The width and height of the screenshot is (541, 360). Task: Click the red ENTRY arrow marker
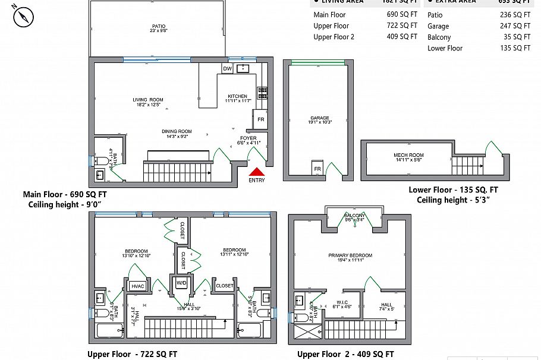pyautogui.click(x=257, y=172)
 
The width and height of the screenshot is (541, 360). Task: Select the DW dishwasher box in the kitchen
pyautogui.click(x=227, y=69)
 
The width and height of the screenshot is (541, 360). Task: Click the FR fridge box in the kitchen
pyautogui.click(x=260, y=119)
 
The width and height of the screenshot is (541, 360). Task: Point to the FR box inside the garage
pyautogui.click(x=317, y=168)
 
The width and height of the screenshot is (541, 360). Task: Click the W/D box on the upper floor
pyautogui.click(x=181, y=284)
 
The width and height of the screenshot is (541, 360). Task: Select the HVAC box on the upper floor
pyautogui.click(x=137, y=286)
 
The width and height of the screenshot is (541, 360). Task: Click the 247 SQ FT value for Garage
pyautogui.click(x=515, y=26)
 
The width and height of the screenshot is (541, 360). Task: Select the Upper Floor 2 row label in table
pyautogui.click(x=334, y=37)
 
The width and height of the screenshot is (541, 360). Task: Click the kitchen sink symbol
pyautogui.click(x=243, y=69)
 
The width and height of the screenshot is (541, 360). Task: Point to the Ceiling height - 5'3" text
pyautogui.click(x=458, y=200)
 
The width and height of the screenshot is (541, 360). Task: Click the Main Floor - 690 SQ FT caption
pyautogui.click(x=65, y=194)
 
